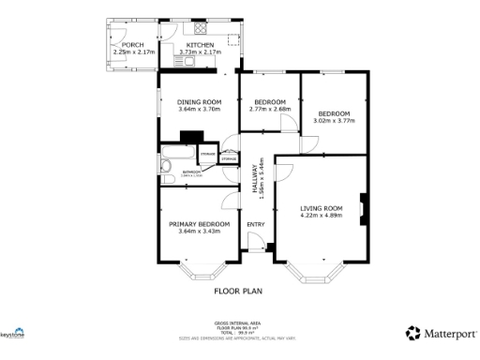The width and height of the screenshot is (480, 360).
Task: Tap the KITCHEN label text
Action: pos(200,44)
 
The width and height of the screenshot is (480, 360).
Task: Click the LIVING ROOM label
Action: pos(322,207)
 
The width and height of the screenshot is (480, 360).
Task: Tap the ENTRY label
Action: pos(255,224)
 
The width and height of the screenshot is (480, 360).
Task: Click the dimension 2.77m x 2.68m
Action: pos(270,109)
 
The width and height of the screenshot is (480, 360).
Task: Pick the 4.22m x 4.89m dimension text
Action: pos(322,216)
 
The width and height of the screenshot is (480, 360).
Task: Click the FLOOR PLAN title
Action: pos(239,292)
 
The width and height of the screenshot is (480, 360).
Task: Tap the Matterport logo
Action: pos(440,333)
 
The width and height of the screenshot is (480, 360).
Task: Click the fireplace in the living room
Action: pos(364,205)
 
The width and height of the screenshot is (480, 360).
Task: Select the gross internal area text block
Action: pos(239,327)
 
